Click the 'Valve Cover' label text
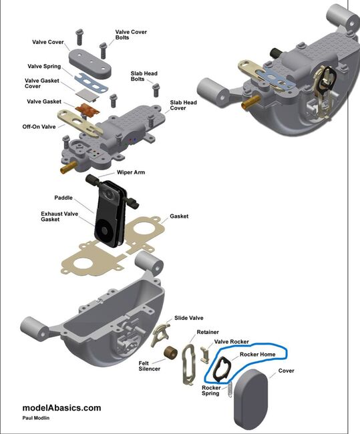pyautogui.click(x=48, y=42)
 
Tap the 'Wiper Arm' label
pyautogui.click(x=131, y=172)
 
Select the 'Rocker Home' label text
pyautogui.click(x=258, y=355)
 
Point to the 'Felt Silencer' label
pyautogui.click(x=150, y=366)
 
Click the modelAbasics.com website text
pyautogui.click(x=61, y=408)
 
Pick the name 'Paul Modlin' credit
pyautogui.click(x=35, y=418)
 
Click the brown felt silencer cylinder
pyautogui.click(x=170, y=353)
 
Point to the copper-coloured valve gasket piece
pyautogui.click(x=87, y=110)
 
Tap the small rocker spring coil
pyautogui.click(x=230, y=390)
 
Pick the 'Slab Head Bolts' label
pyautogui.click(x=144, y=76)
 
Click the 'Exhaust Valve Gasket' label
pyautogui.click(x=59, y=216)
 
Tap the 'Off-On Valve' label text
pyautogui.click(x=39, y=127)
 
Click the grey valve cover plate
pyautogui.click(x=90, y=63)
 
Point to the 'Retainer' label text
pyautogui.click(x=208, y=332)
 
